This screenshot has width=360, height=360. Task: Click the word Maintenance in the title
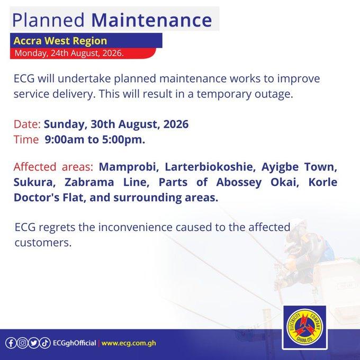[x=151, y=20]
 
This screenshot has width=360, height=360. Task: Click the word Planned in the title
[x=48, y=20]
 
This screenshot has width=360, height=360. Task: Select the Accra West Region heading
[x=60, y=41]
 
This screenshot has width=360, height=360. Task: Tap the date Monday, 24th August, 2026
[x=69, y=53]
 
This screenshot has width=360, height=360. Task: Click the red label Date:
[x=27, y=124]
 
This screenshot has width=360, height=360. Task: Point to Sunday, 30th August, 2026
[x=116, y=124]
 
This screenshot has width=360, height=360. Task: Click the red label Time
[x=26, y=140]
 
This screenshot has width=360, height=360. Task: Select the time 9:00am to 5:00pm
[x=95, y=140]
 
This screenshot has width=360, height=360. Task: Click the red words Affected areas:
[x=53, y=167]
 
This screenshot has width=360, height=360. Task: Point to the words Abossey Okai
[x=258, y=182]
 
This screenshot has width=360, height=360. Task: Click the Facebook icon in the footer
[x=11, y=343]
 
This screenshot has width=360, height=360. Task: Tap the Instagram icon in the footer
[x=22, y=343]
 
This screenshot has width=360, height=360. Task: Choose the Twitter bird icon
[x=34, y=343]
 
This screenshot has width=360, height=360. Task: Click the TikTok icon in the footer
[x=45, y=343]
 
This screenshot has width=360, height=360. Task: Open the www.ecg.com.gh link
[x=129, y=343]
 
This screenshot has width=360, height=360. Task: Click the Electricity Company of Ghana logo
[x=305, y=327]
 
